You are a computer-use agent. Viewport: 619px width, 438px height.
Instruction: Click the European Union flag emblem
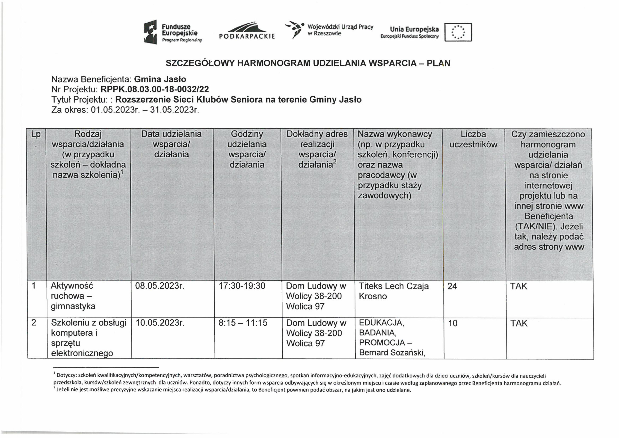coord(458,32)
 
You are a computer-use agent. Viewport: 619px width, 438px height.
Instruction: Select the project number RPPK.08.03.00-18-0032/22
coord(155,89)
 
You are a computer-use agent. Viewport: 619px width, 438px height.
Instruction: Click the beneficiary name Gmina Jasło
coord(160,79)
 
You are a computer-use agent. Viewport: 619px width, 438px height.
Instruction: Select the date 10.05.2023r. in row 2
coord(160,323)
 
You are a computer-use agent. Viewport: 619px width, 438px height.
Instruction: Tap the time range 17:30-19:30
coord(242,286)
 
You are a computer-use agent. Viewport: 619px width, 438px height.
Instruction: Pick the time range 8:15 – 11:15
coord(243,323)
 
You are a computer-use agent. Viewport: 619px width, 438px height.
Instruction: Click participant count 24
coord(452,286)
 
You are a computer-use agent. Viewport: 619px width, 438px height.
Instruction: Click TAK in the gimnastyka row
coord(518,286)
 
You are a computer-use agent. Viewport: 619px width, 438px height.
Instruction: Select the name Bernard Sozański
coord(392,353)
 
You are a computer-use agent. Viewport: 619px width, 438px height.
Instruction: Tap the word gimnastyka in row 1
coord(73,306)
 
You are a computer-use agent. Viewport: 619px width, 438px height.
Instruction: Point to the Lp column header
coord(36,134)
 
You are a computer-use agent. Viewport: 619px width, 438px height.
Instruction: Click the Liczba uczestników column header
coord(473,139)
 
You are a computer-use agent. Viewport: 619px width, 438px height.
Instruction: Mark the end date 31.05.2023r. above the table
coord(174,110)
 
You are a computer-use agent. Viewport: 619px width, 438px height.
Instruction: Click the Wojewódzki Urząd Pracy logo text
coord(340,30)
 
